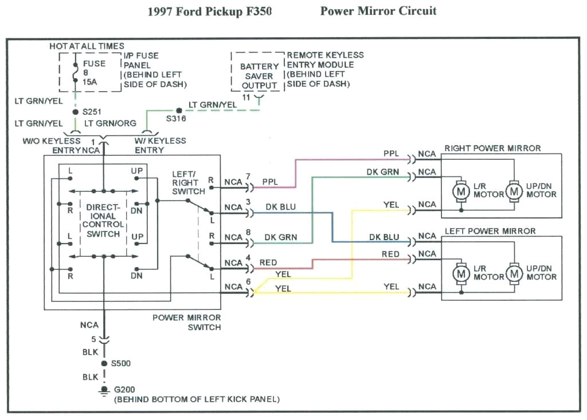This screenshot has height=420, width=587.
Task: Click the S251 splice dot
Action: pos(75,112)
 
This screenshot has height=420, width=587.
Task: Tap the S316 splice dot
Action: pos(179,109)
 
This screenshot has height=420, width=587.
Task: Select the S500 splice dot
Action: pos(104,363)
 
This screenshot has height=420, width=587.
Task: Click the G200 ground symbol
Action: pos(104,390)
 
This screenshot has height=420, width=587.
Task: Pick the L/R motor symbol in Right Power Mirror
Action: pos(461,190)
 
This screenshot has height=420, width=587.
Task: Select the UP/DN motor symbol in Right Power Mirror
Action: pos(514,190)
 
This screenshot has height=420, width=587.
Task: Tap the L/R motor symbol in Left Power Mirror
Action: pos(461,273)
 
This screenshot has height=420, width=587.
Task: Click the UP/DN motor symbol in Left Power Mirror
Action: pos(514,273)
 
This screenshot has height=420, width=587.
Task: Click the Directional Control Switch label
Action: pos(103,221)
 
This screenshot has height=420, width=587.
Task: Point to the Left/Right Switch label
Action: pos(188,182)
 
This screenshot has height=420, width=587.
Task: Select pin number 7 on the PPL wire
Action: pos(248,175)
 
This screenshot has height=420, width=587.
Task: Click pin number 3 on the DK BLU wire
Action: pos(248,201)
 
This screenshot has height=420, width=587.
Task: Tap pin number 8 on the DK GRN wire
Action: pos(248,231)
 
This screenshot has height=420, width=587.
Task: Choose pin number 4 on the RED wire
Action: pos(248,257)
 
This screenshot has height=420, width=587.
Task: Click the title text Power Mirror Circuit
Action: pos(378,11)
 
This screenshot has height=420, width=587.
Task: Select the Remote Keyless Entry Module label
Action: pos(325,69)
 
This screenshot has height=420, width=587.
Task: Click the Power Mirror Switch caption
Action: pos(187,322)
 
